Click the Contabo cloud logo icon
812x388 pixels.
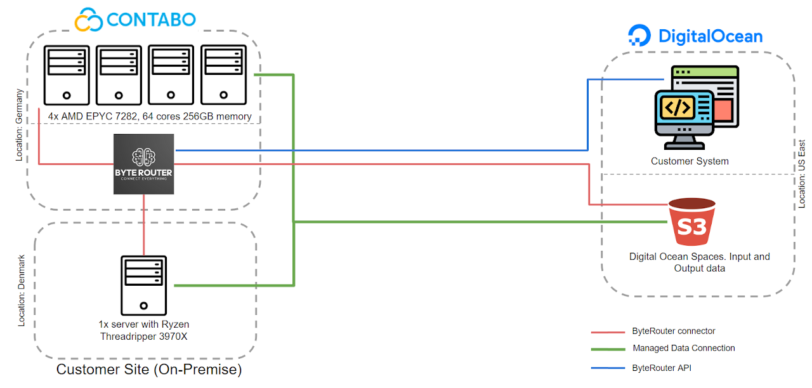point(89,19)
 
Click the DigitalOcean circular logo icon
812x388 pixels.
point(639,36)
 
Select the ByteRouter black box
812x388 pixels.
point(143,164)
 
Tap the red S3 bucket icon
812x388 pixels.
point(691,226)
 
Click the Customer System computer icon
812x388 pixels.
point(696,107)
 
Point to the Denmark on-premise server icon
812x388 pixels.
point(143,285)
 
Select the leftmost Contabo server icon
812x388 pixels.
point(67,74)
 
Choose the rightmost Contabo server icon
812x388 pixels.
point(223,74)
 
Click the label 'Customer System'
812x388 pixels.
point(690,161)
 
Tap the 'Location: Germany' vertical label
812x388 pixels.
point(19,124)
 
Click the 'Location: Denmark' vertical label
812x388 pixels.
point(22,291)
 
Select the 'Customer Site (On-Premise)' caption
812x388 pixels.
point(149,370)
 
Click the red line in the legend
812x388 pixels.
point(608,332)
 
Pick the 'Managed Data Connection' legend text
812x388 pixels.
point(684,348)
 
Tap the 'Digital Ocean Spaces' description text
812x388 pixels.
point(699,262)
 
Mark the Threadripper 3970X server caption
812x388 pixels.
point(144,330)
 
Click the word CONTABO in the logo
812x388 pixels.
point(152,19)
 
